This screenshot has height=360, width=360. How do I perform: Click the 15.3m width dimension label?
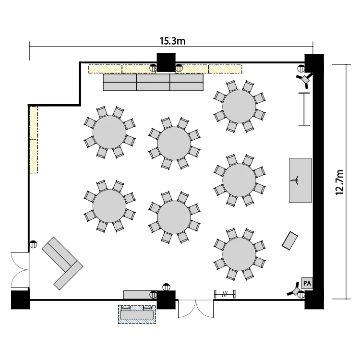click(172, 41)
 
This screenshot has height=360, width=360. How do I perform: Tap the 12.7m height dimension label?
click(339, 182)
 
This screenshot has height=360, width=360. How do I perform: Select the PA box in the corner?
click(307, 283)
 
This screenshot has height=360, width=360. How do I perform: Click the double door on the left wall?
click(20, 270)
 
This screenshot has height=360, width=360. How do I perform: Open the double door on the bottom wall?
click(196, 308)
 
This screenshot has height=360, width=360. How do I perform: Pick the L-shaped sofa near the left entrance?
click(62, 264)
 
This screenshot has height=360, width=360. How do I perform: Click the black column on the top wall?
click(166, 62)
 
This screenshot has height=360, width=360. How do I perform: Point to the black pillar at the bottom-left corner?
click(20, 300)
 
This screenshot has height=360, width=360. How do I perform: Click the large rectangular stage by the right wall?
click(300, 180)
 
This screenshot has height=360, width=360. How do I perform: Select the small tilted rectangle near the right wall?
click(290, 240)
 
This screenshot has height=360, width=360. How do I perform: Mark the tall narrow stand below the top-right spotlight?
click(304, 109)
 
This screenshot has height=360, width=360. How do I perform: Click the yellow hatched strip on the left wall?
click(34, 140)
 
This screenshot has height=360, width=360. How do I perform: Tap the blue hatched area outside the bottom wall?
click(137, 314)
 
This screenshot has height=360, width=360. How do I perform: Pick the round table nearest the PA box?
click(239, 254)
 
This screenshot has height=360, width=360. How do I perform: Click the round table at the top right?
click(239, 106)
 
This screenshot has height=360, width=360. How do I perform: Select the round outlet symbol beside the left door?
click(33, 244)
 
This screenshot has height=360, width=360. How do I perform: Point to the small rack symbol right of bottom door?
click(225, 294)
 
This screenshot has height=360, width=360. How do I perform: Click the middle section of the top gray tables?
click(153, 82)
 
